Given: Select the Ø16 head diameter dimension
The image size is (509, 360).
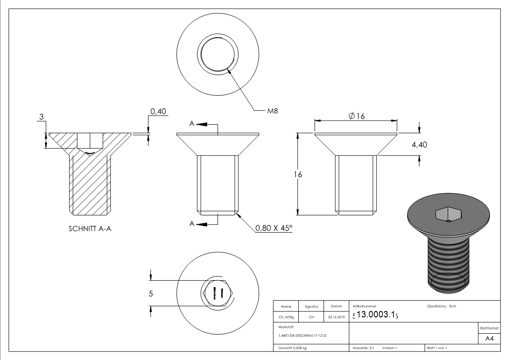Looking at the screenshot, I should coord(357,116).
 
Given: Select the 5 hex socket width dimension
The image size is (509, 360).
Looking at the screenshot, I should coord(151,293).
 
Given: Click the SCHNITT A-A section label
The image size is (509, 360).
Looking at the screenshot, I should coord(90,229).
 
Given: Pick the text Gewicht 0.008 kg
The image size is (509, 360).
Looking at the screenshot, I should coord(290,348).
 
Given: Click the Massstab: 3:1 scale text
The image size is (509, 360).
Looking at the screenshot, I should coord(363,348).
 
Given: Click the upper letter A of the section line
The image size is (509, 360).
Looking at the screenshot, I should coord(192,124).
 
